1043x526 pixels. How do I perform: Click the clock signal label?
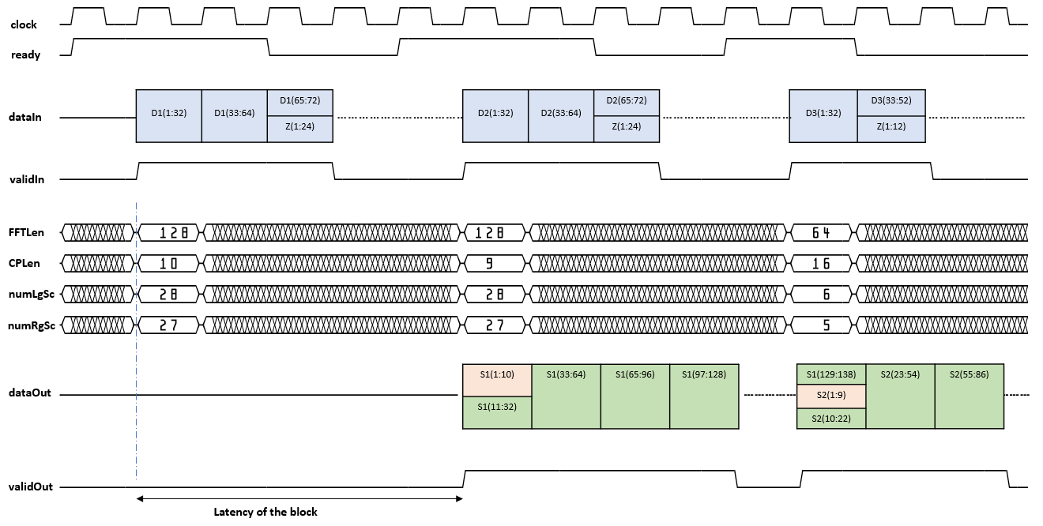pyautogui.click(x=24, y=25)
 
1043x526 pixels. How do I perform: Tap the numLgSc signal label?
pyautogui.click(x=32, y=295)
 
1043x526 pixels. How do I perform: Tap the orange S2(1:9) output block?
pyautogui.click(x=831, y=396)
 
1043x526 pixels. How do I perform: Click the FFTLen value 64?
pyautogui.click(x=823, y=233)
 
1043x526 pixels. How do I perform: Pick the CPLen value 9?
pyautogui.click(x=495, y=264)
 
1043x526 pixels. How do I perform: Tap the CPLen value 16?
pyautogui.click(x=823, y=264)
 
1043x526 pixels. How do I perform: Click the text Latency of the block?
pyautogui.click(x=265, y=512)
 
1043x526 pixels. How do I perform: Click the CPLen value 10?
pyautogui.click(x=168, y=264)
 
